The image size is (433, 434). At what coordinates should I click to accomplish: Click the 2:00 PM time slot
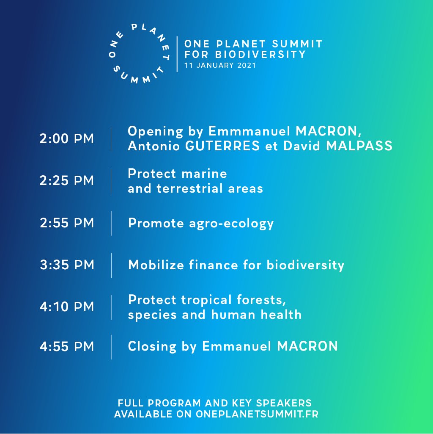[67, 139]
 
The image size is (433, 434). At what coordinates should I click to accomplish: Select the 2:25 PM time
[67, 181]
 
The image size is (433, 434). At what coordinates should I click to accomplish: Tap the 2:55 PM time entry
[67, 223]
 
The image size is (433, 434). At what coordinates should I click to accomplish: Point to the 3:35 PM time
[67, 265]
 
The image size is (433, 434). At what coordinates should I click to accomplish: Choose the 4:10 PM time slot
[67, 307]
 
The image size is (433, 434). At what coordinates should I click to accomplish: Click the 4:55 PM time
[67, 346]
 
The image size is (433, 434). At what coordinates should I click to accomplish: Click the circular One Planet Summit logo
[140, 54]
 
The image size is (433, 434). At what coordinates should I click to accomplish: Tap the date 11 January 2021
[220, 65]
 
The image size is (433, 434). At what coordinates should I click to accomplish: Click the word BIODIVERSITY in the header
[260, 54]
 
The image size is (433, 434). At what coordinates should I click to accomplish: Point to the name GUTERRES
[222, 146]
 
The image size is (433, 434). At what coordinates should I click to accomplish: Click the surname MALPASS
[359, 146]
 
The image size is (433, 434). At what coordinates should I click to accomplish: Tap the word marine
[204, 174]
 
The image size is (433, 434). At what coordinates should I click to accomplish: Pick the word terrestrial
[189, 188]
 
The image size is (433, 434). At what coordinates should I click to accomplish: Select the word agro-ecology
[231, 224]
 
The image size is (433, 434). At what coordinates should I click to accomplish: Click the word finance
[214, 265]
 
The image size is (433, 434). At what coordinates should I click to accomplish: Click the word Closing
[152, 347]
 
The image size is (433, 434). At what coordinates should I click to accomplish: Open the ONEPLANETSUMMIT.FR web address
[257, 414]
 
